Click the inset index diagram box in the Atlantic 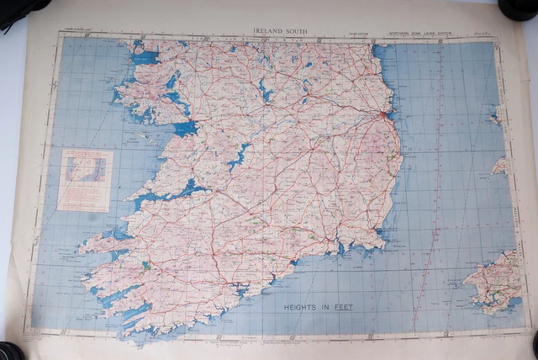[x=85, y=178]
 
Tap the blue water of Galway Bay [x=182, y=129]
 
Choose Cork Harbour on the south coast [x=243, y=291]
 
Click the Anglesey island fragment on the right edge [x=501, y=114]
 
